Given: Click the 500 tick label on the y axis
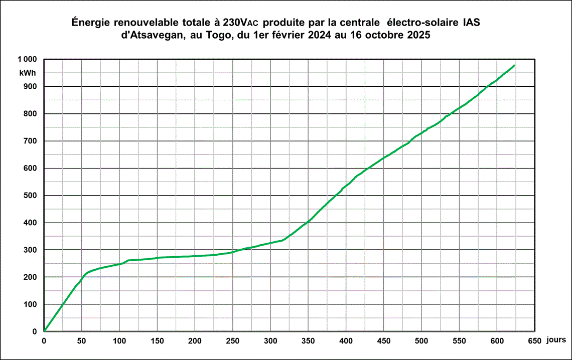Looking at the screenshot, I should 30,196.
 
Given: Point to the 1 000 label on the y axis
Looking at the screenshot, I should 28,60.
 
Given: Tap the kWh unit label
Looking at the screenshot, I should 28,72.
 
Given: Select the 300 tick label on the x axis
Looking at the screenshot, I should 270,341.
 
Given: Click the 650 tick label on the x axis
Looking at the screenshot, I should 534,341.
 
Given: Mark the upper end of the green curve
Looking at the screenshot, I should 514,65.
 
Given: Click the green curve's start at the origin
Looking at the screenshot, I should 44,331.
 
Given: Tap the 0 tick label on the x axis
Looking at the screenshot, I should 44,341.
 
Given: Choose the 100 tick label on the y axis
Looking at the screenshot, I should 30,304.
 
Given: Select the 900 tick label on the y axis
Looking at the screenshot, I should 30,87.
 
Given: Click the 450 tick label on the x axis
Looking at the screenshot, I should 384,341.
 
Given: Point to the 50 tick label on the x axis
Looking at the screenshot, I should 82,341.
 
